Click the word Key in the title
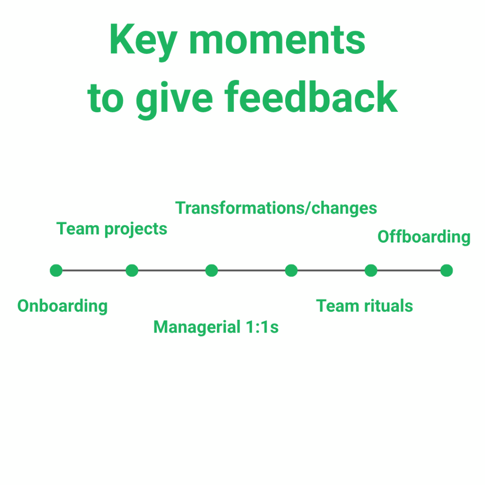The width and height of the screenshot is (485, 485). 143,41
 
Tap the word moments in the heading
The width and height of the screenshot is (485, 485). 278,41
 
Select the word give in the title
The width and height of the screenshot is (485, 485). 174,99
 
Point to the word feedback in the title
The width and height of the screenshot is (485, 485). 311,97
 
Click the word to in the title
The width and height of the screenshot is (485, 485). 106,99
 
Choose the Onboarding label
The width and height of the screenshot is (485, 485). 63,306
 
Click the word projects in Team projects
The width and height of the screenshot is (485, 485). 136,230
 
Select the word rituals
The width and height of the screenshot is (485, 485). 388,306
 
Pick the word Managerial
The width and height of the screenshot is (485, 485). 197,327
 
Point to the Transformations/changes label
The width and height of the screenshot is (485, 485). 276,208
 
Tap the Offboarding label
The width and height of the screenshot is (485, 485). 424,237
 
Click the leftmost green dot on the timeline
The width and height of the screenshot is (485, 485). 56,270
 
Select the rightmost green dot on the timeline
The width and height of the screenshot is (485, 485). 446,270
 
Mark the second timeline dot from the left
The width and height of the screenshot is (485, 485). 132,270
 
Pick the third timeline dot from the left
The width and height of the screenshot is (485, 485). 212,270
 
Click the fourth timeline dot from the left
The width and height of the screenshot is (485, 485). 291,270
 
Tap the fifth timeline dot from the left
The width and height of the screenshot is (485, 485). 371,270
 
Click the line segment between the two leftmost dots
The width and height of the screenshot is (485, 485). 94,270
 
